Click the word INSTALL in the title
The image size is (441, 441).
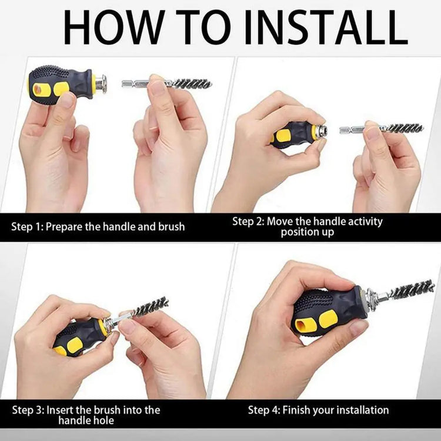click(326, 27)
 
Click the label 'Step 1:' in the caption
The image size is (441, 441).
click(27, 227)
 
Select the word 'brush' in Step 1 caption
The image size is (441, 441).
click(171, 226)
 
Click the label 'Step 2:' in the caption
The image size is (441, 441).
click(248, 221)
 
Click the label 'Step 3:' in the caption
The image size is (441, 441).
click(28, 410)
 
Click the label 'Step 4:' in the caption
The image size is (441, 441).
click(264, 410)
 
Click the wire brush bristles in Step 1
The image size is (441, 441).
click(192, 84)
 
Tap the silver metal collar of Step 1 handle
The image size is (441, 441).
click(101, 84)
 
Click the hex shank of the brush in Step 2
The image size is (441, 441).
click(352, 130)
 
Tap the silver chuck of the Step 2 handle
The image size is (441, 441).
click(321, 132)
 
